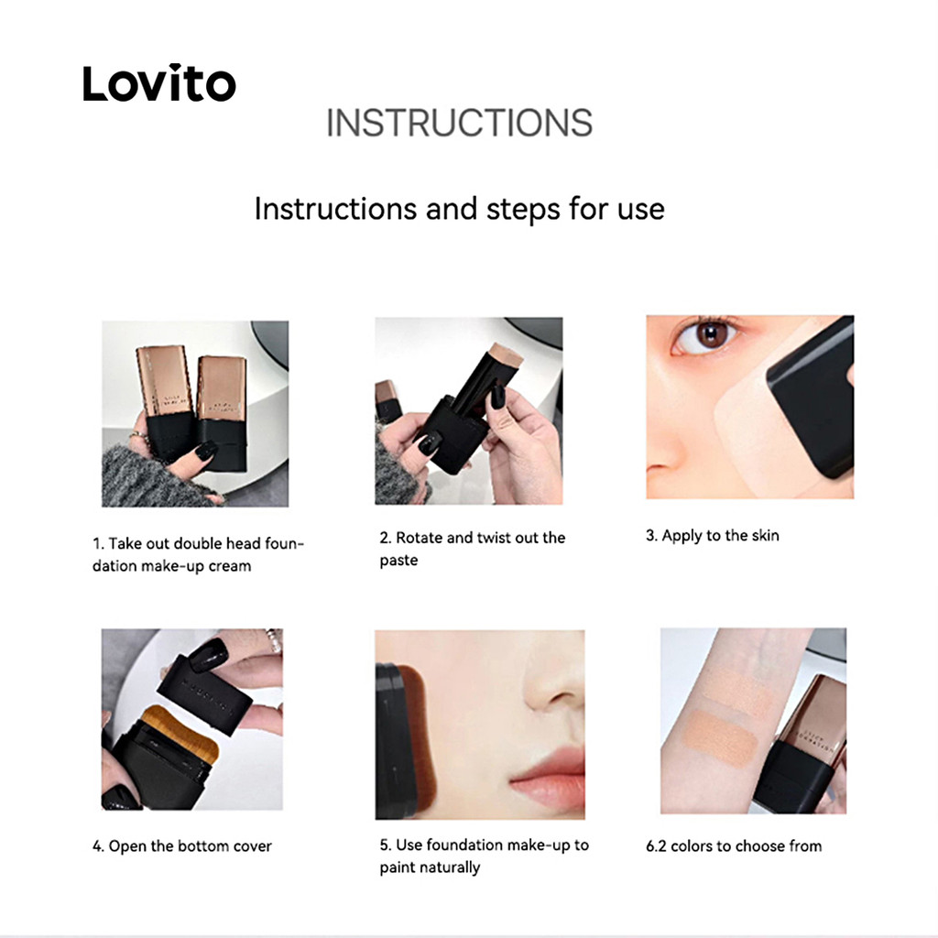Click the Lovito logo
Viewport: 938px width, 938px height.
coord(159,82)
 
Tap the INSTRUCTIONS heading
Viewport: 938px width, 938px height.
coord(459,123)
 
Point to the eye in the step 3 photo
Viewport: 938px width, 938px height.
coord(707,336)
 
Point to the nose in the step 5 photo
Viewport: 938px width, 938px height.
coord(553,677)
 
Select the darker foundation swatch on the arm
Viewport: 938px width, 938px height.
coord(721,740)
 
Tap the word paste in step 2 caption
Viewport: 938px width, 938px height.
coord(398,562)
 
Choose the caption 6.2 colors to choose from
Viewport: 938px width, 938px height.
coord(734,845)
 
